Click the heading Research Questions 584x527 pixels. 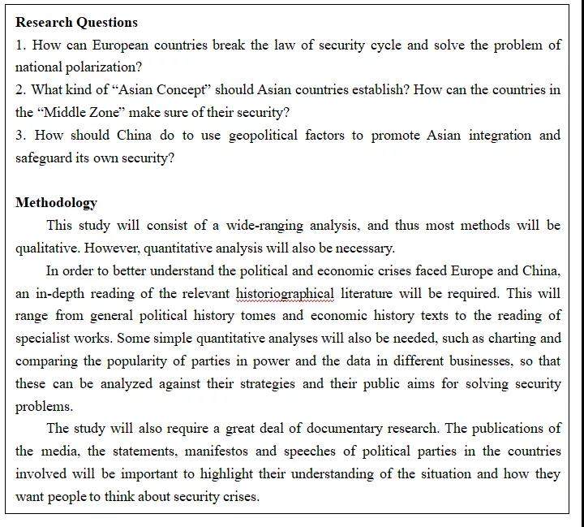click(x=76, y=22)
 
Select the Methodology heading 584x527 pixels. click(x=56, y=202)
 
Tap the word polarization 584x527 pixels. click(x=105, y=67)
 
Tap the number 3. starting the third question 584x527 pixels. click(x=21, y=135)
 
